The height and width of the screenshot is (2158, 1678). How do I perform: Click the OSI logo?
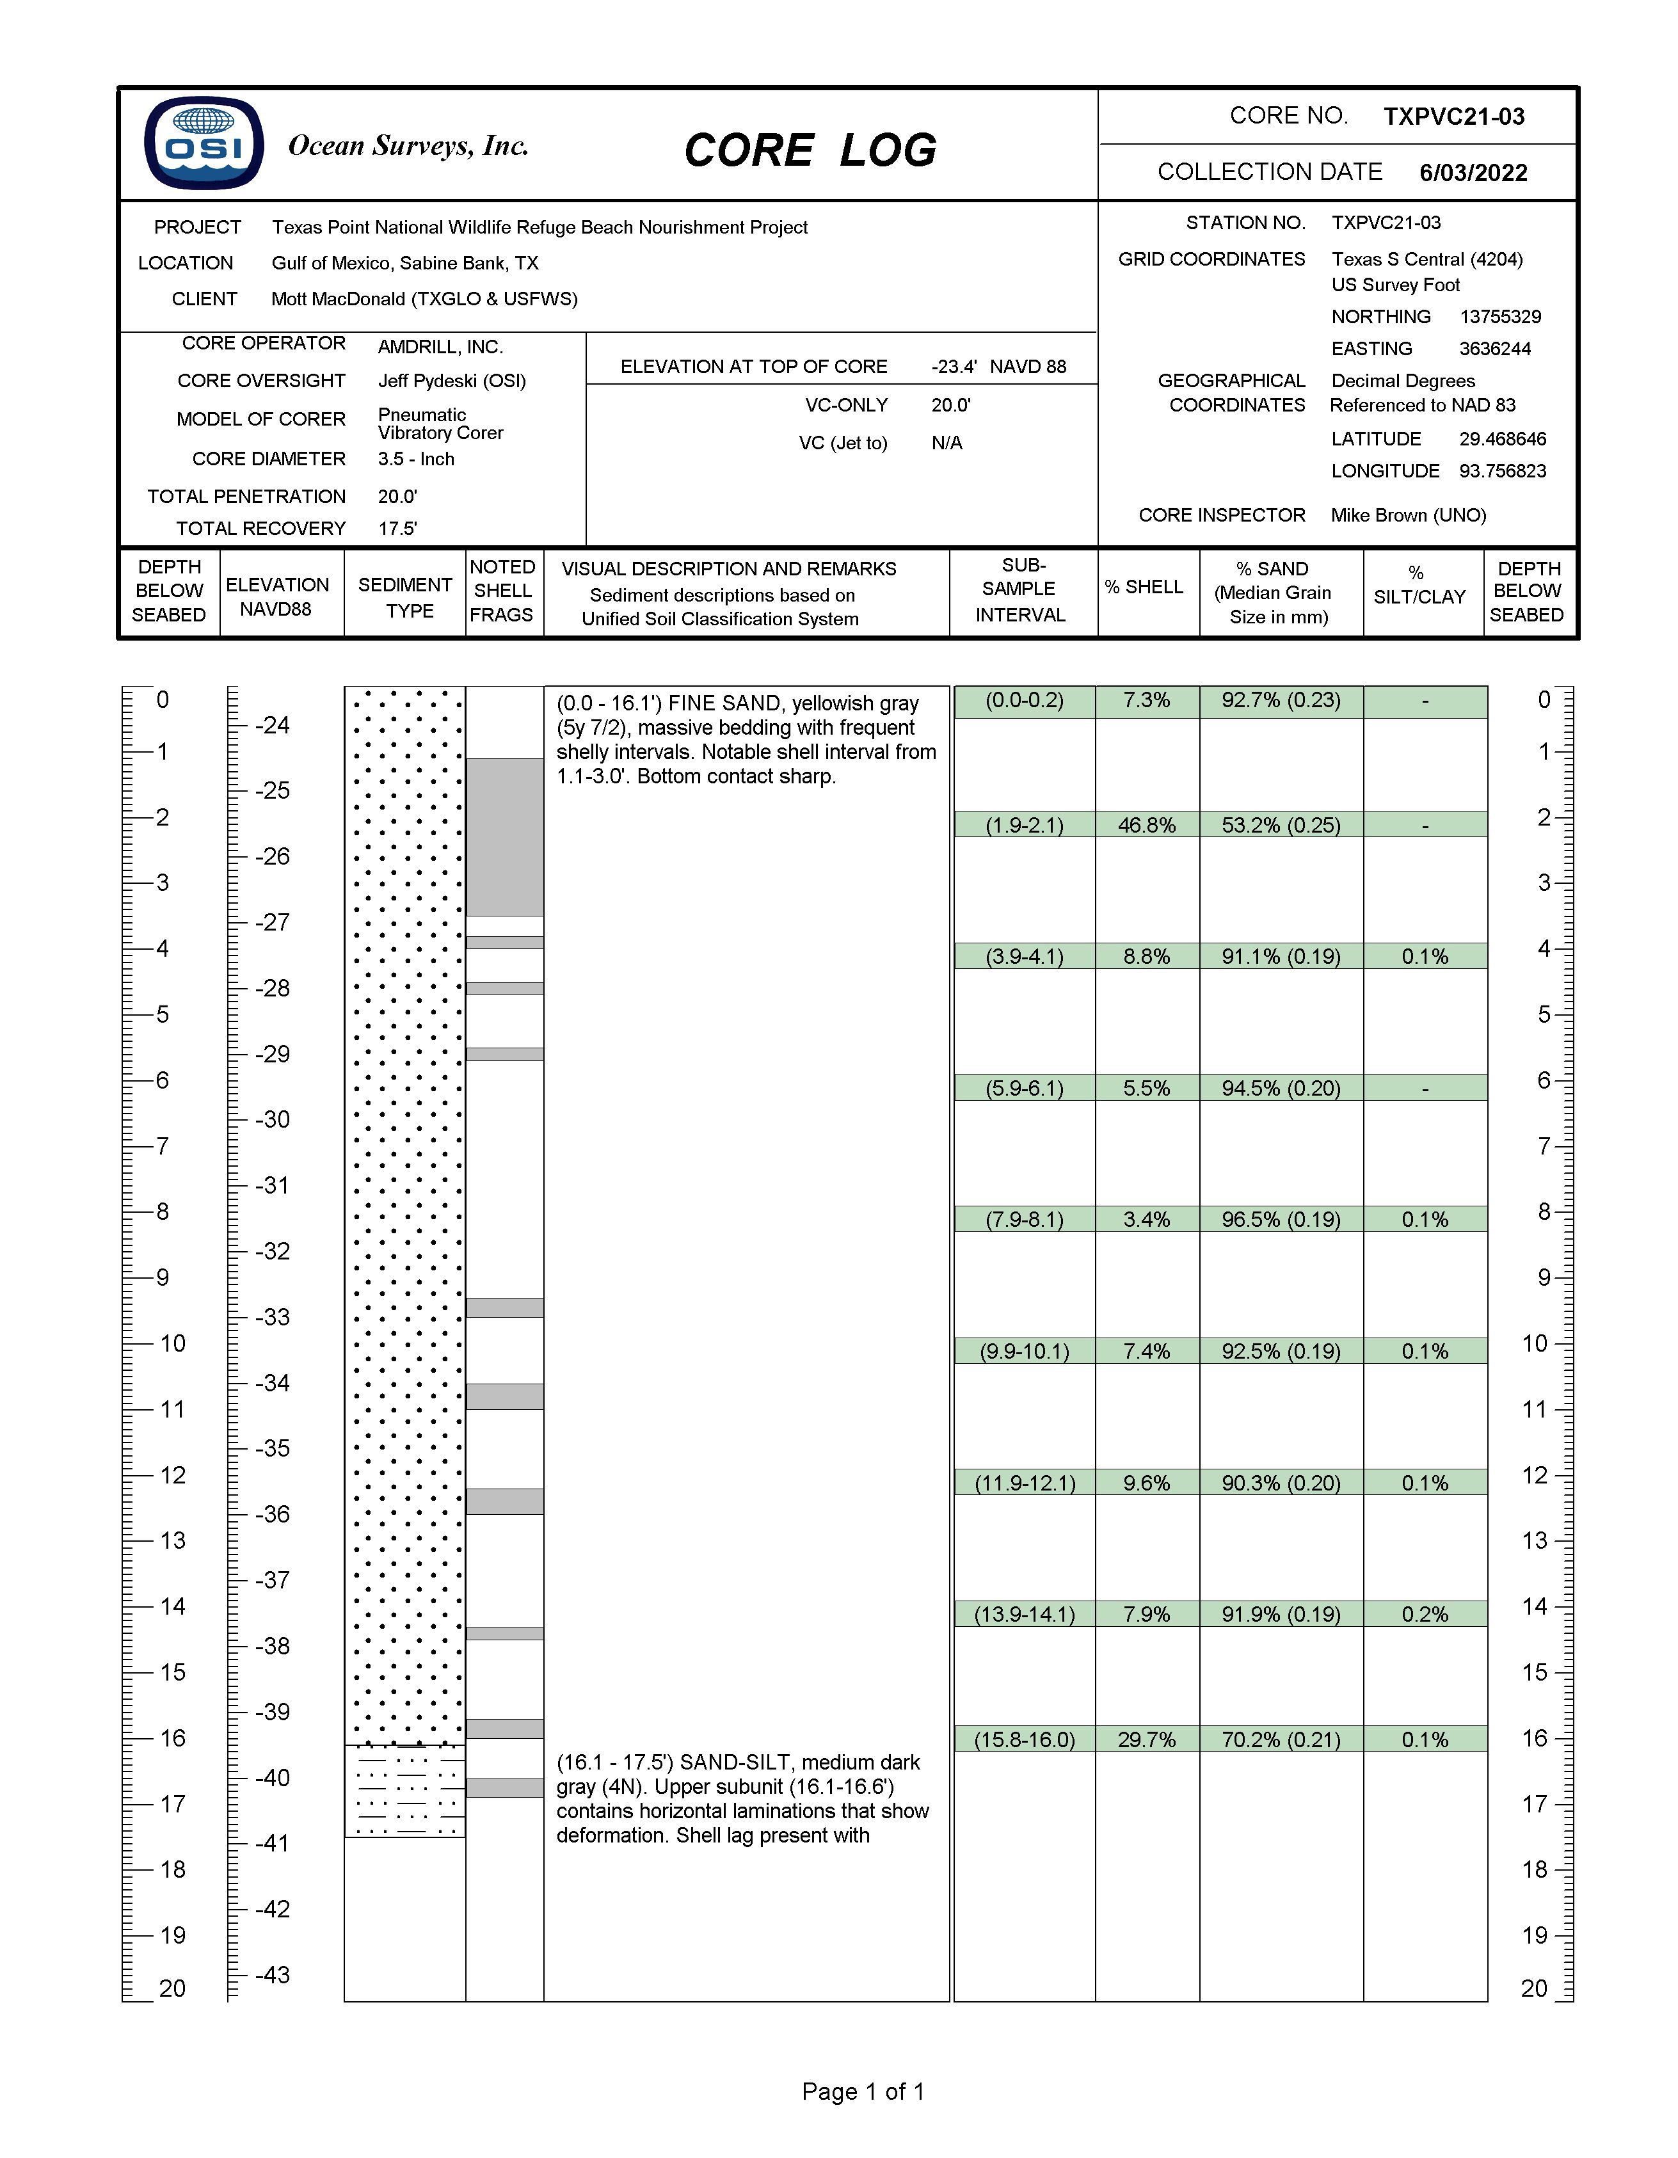[204, 143]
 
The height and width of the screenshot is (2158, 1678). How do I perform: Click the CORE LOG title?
[810, 150]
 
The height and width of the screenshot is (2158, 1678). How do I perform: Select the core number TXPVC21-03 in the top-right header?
[1453, 116]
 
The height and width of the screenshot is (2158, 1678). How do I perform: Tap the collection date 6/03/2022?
[1473, 173]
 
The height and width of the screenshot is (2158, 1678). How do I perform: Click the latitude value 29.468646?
[1502, 439]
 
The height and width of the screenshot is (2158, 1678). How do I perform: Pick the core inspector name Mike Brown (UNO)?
[1407, 515]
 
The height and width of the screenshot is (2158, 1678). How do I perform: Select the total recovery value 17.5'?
[397, 529]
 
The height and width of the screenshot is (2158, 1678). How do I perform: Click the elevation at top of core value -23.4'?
[954, 367]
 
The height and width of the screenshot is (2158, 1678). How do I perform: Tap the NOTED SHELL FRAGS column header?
[502, 591]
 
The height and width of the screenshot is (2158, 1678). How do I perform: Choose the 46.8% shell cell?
[1146, 825]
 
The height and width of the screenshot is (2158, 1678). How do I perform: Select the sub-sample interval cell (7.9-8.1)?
[1024, 1219]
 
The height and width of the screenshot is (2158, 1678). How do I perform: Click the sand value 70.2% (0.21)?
[1281, 1739]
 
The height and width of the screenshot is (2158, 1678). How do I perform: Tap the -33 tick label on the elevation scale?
[272, 1317]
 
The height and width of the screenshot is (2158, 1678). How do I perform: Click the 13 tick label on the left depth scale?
[172, 1540]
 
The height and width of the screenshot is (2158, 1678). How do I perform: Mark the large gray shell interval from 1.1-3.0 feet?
[504, 837]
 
